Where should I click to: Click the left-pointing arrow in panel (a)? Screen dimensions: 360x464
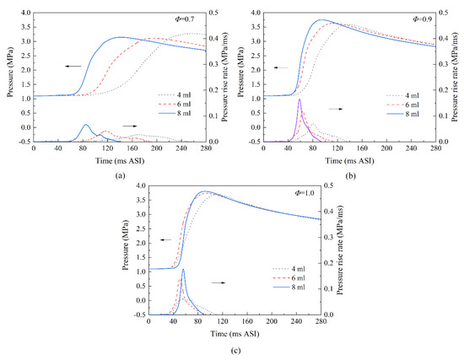pos(73,65)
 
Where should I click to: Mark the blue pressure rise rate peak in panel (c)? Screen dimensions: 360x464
pos(182,271)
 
